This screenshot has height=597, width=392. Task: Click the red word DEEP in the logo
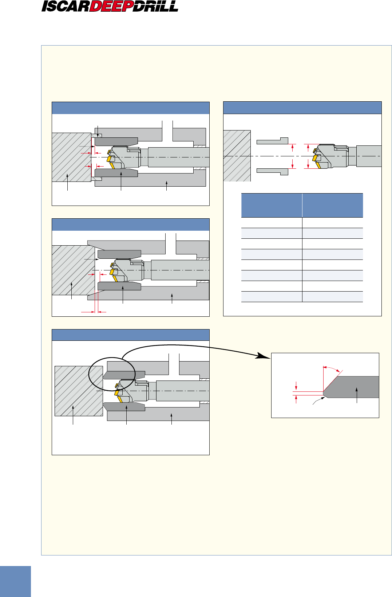[111, 6]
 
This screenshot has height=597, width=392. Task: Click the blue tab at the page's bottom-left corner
[15, 581]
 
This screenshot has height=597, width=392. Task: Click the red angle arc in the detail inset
[332, 368]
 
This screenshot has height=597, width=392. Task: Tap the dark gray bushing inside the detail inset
[351, 387]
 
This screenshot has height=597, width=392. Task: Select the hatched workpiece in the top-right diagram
[237, 156]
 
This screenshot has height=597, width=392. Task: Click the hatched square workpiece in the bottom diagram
[79, 391]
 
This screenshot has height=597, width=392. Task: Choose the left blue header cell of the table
[272, 205]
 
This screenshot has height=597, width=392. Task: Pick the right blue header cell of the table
[333, 205]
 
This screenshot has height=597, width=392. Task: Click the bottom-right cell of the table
[333, 297]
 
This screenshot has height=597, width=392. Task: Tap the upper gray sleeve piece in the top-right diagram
[272, 141]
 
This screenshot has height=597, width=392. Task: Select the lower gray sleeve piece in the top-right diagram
[272, 172]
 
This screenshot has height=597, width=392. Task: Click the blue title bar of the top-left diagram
[131, 108]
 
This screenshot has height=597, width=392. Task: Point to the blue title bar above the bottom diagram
[131, 335]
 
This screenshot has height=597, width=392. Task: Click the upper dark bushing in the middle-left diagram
[119, 254]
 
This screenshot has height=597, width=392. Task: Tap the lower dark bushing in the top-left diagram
[116, 173]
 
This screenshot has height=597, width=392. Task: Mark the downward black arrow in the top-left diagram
[98, 132]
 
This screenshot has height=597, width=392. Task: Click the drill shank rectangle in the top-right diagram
[369, 156]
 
